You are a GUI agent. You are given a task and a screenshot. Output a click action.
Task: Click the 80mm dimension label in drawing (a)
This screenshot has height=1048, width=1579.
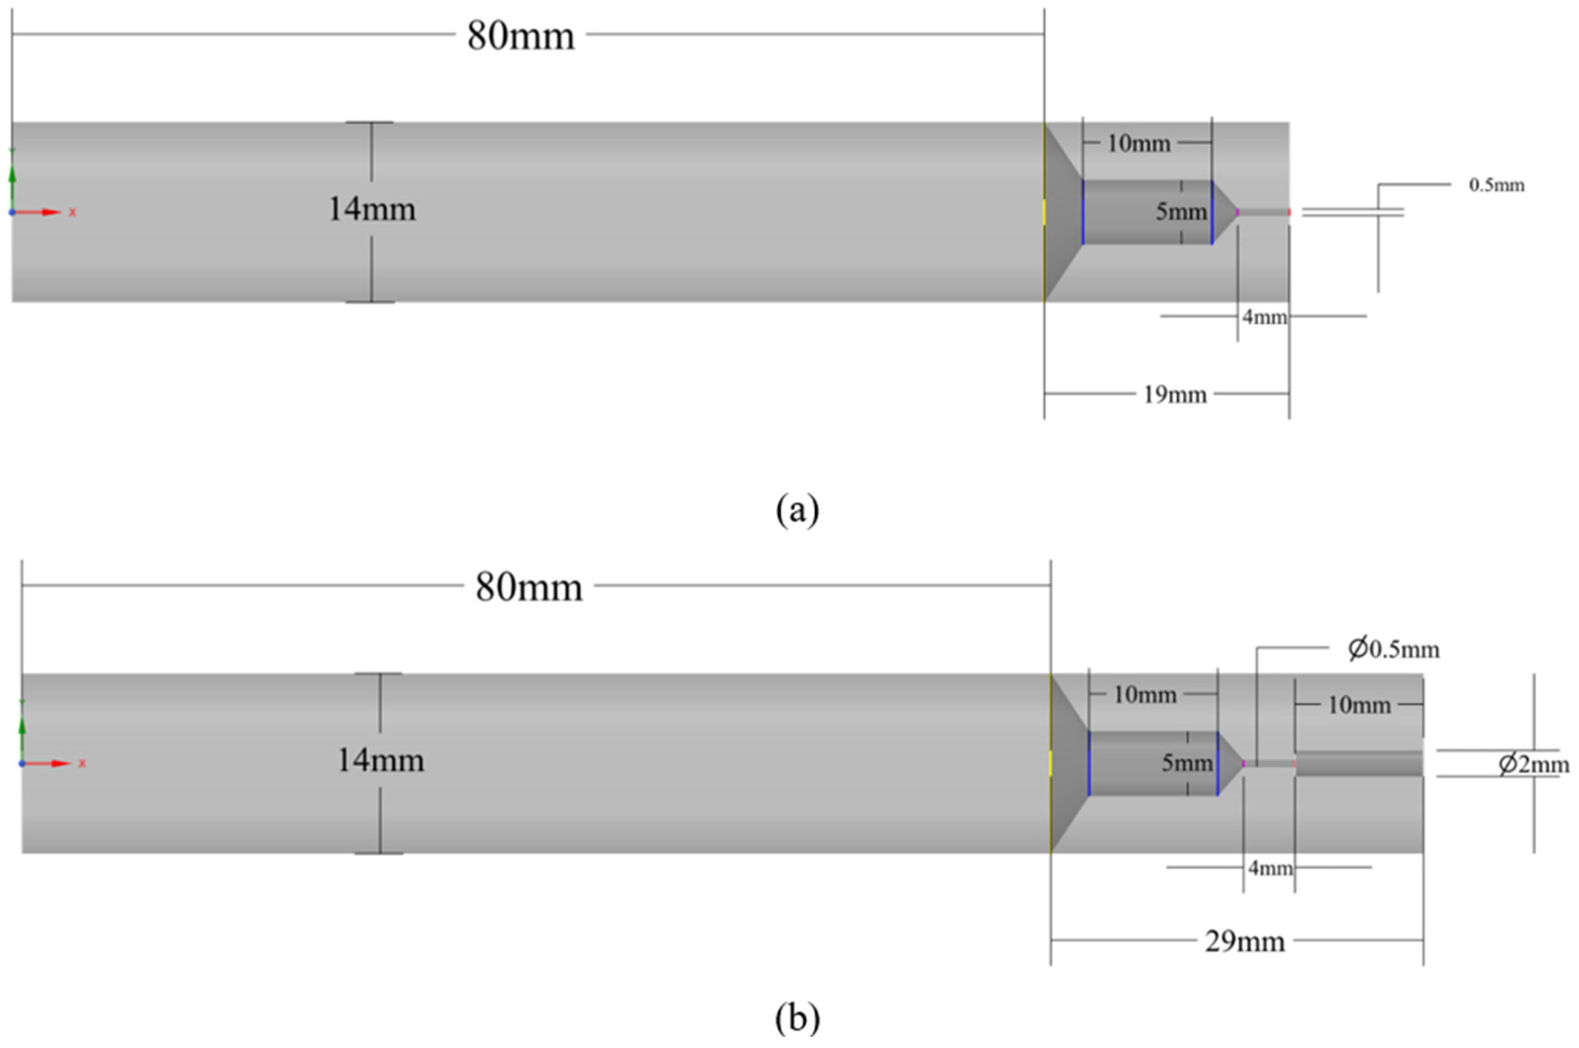click(520, 35)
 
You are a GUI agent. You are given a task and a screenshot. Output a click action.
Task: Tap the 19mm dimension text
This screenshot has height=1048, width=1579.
click(1175, 395)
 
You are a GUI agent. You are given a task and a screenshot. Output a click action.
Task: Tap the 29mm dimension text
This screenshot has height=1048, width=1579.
click(1244, 942)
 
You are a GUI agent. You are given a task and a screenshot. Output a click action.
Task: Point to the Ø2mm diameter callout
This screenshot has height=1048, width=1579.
click(1533, 764)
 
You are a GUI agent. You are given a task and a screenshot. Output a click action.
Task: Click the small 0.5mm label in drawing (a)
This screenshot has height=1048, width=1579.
click(1496, 185)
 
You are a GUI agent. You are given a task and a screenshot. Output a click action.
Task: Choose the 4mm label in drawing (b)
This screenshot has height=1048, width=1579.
click(1270, 868)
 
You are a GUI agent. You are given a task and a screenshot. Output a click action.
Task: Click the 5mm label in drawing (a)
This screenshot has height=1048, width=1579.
click(1181, 212)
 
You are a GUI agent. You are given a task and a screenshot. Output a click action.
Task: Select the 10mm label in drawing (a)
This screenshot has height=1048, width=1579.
click(1139, 144)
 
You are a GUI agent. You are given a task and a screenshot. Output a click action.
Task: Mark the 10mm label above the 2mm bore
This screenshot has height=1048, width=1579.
click(1358, 705)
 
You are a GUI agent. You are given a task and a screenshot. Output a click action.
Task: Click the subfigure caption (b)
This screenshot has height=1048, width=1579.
click(797, 1019)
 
